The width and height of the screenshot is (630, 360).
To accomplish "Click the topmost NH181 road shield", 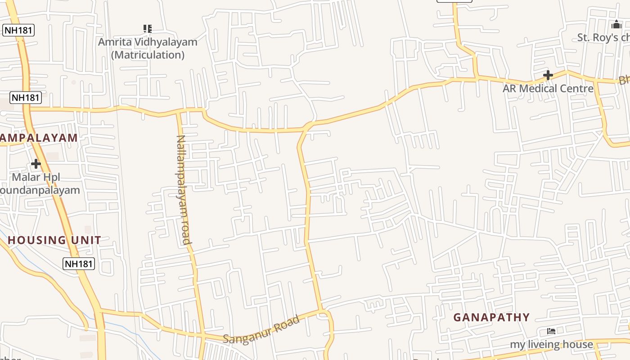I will pyautogui.click(x=18, y=31).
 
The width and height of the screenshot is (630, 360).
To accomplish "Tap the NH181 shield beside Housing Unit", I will pyautogui.click(x=79, y=264).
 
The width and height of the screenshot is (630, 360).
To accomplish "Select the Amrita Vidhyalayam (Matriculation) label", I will pyautogui.click(x=148, y=48).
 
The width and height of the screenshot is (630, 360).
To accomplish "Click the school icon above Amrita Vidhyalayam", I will pyautogui.click(x=147, y=29).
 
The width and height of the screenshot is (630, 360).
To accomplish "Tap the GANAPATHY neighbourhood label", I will pyautogui.click(x=491, y=317).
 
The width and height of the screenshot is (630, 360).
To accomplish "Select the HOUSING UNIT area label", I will pyautogui.click(x=54, y=240).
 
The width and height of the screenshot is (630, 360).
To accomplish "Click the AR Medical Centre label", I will pyautogui.click(x=548, y=88).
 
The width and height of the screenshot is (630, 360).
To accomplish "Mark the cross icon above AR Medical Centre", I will pyautogui.click(x=548, y=75).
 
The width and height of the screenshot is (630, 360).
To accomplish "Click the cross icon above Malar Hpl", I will pyautogui.click(x=36, y=164).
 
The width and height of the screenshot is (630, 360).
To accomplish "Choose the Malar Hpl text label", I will pyautogui.click(x=36, y=177).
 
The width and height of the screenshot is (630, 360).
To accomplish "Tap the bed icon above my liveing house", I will pyautogui.click(x=551, y=331).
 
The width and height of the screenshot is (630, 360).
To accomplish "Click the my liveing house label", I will pyautogui.click(x=551, y=345).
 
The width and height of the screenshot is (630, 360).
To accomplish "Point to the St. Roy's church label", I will pyautogui.click(x=603, y=37).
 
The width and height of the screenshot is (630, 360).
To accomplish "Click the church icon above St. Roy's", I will pyautogui.click(x=616, y=24).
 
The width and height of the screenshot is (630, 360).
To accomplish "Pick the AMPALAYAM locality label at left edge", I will pyautogui.click(x=39, y=138).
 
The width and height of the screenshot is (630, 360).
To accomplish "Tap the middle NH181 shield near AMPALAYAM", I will pyautogui.click(x=26, y=97).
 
